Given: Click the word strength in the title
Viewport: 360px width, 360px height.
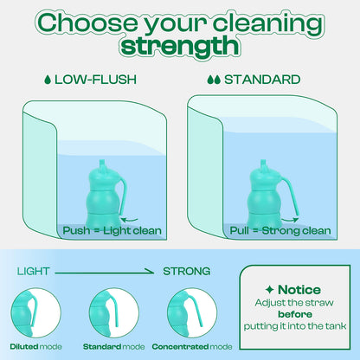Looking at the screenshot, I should [179, 44].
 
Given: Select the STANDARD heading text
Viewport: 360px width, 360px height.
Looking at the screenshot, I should [260, 80].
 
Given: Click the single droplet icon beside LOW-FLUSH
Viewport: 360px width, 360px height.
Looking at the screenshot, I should [47, 80].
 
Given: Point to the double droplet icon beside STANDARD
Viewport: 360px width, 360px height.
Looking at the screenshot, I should [213, 80].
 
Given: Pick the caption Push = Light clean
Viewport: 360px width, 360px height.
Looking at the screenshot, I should [109, 231].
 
